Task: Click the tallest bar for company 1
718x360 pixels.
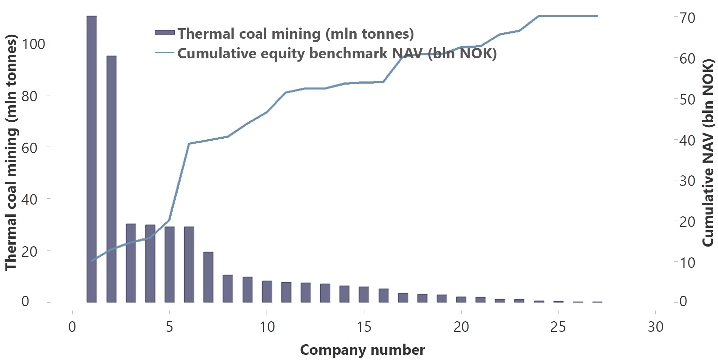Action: [91, 159]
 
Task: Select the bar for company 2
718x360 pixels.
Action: [111, 179]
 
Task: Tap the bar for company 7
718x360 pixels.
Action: [208, 277]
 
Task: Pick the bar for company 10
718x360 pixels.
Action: [267, 291]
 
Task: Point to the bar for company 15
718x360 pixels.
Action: [364, 294]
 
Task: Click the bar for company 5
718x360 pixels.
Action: [170, 264]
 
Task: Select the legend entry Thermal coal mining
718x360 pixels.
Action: [295, 33]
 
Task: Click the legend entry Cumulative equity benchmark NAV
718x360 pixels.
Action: [337, 53]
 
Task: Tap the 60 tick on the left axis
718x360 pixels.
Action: [30, 148]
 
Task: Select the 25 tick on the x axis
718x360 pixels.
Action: [558, 327]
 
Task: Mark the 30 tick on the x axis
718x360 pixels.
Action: [655, 327]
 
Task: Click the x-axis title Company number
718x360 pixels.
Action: [362, 350]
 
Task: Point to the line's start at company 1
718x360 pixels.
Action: [92, 261]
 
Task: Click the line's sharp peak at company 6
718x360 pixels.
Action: [189, 143]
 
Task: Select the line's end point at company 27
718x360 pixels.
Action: [597, 16]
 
